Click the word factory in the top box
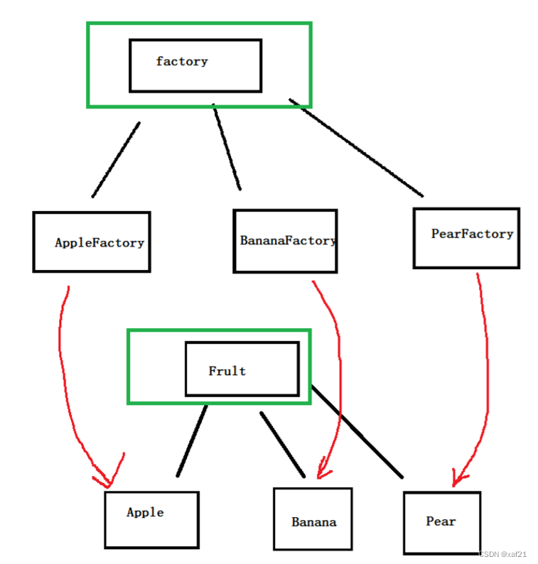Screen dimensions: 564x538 (x=182, y=62)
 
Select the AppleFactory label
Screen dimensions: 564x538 (x=99, y=243)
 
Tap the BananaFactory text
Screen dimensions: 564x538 (x=288, y=241)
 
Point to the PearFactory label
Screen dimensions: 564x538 (x=472, y=234)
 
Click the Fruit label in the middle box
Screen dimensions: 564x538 (x=227, y=371)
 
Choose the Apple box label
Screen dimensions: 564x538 (x=145, y=512)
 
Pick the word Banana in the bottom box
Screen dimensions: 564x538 (x=313, y=522)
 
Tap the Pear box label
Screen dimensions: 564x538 (x=441, y=521)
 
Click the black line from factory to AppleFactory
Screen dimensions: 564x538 (x=116, y=160)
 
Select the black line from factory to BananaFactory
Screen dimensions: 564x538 (x=227, y=147)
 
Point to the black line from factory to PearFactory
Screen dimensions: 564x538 (x=355, y=150)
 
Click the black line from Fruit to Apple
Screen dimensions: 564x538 (x=192, y=440)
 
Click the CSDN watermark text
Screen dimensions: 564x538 (x=502, y=554)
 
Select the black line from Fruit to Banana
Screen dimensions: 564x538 (x=282, y=445)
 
